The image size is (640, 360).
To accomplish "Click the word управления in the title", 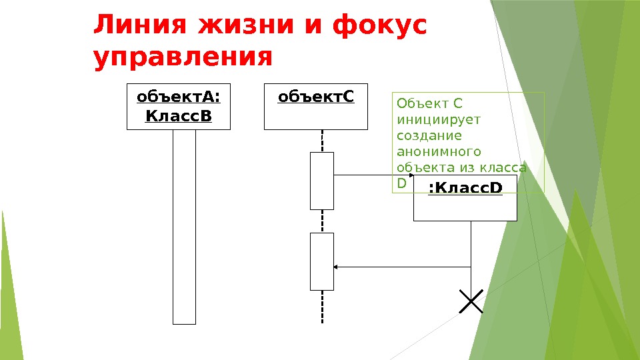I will click(183, 57).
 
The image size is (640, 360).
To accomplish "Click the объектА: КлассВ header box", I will click(179, 107).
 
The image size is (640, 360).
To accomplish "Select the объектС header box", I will click(316, 107).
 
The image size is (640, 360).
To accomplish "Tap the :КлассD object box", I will click(465, 198).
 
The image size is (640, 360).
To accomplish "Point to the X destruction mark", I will click(471, 301).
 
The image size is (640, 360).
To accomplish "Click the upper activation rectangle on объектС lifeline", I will click(321, 181).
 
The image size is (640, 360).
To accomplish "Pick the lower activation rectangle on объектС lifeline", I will click(321, 261).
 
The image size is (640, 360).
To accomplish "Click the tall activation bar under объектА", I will click(184, 227).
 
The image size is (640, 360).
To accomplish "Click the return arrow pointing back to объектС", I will click(400, 267).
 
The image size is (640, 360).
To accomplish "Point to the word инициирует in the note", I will click(429, 120).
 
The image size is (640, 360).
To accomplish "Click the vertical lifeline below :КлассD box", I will click(471, 253).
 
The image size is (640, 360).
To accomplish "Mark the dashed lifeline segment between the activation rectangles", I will click(322, 221).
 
